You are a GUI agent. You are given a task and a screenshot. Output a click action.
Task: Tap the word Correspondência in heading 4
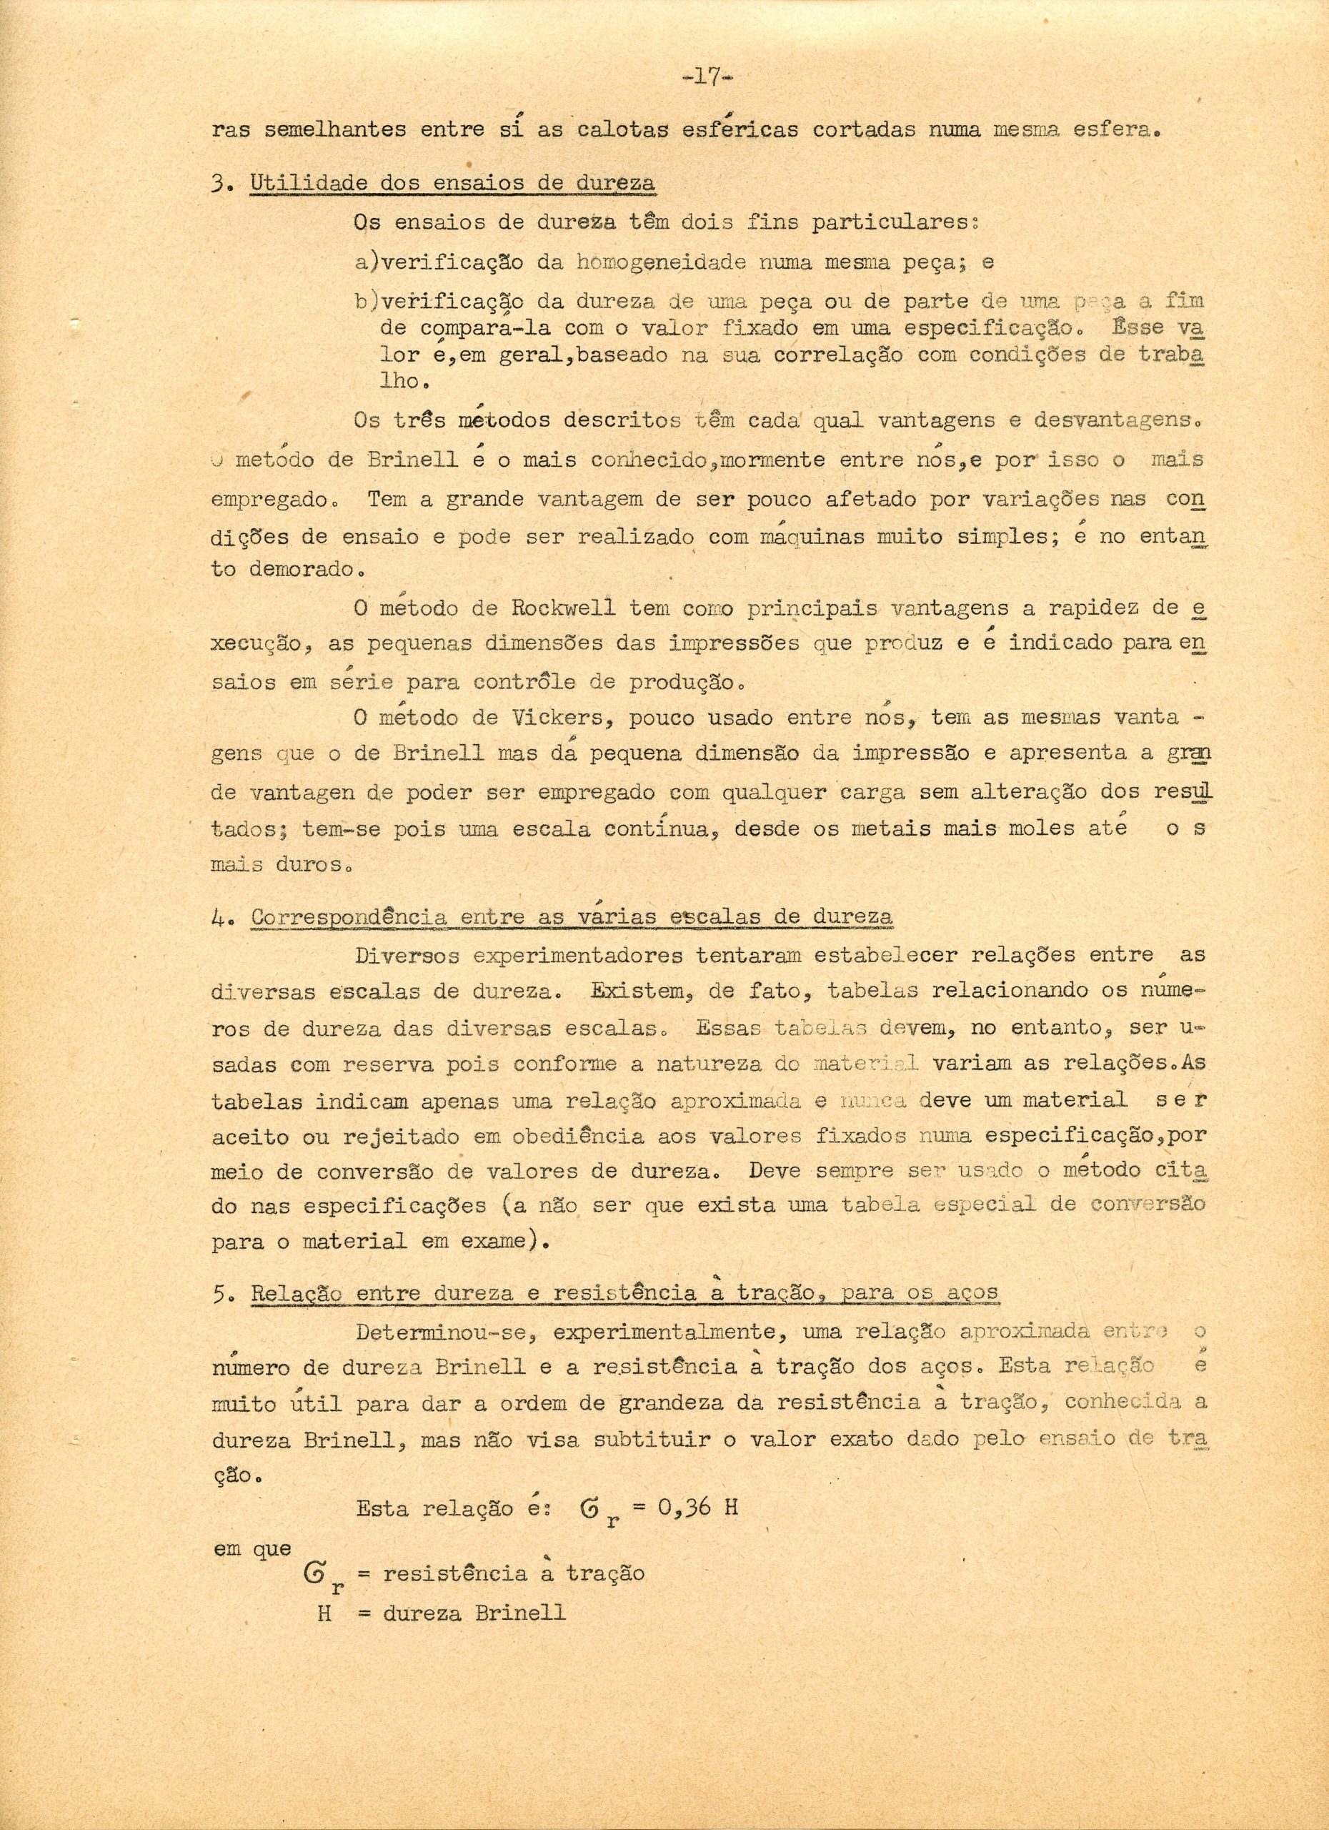coord(349,917)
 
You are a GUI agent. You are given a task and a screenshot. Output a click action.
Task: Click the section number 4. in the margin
coord(221,919)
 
